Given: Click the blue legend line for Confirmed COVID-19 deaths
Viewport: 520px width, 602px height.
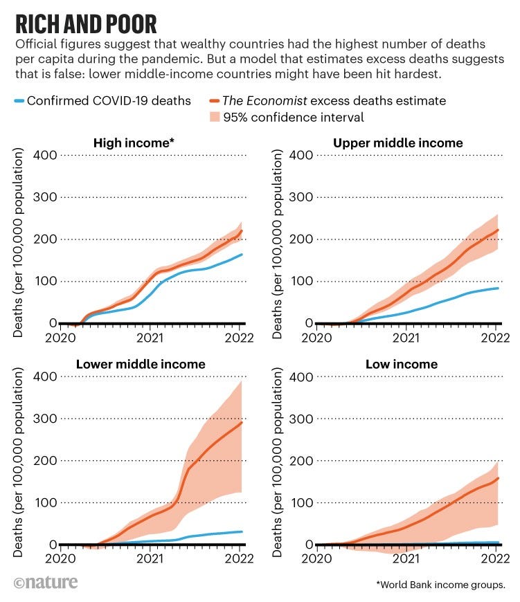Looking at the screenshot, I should point(19,101).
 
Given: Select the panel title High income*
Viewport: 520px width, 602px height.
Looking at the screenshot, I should point(134,143).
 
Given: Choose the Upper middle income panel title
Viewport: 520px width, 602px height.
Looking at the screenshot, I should point(397,143).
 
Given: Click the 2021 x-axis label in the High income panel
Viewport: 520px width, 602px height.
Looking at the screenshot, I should point(150,338).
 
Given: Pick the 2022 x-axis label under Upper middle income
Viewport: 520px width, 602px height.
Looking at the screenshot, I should point(496,338).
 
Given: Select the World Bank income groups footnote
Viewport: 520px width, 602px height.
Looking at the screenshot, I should point(440,585).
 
